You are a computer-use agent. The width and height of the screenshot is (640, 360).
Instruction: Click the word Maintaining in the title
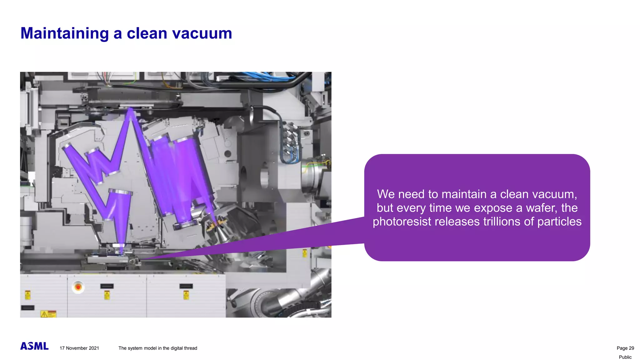tap(64, 33)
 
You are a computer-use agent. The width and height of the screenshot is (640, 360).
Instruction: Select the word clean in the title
tap(147, 33)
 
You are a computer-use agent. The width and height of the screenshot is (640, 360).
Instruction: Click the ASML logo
tap(34, 346)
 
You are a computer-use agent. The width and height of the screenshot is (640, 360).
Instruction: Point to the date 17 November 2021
tap(79, 348)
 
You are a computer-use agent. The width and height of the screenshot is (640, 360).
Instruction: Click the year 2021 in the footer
tap(94, 348)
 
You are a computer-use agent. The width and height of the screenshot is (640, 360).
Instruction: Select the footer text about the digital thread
tap(158, 348)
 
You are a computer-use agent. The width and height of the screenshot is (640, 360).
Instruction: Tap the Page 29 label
tap(625, 348)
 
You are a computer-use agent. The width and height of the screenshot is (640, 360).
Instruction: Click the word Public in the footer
tap(625, 357)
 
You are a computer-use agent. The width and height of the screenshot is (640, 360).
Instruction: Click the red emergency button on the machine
tap(78, 287)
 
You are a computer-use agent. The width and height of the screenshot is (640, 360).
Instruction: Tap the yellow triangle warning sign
tap(44, 314)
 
